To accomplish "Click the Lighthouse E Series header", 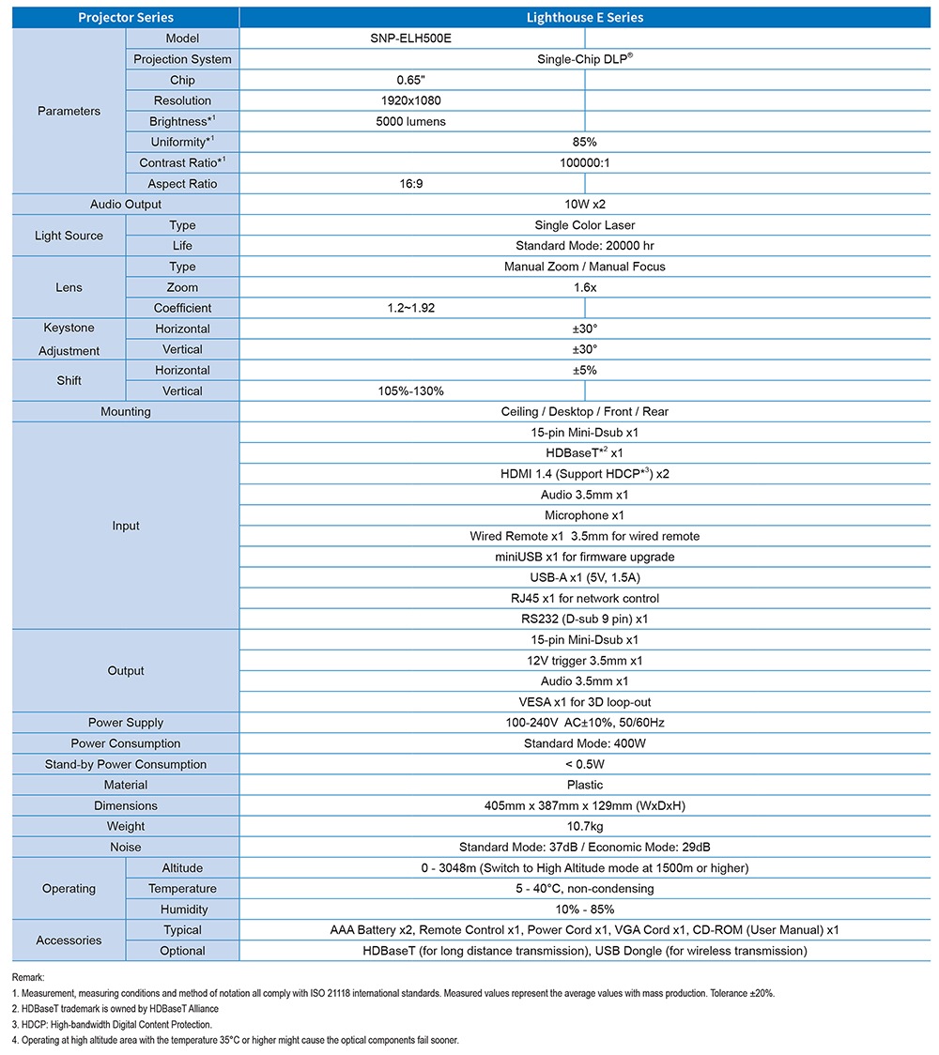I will [x=585, y=18].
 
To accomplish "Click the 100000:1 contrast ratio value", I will [x=585, y=162].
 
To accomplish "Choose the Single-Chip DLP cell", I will [x=585, y=58].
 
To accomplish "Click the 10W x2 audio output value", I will [x=585, y=205].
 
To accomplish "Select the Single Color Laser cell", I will [x=585, y=225].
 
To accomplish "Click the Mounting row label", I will [x=126, y=411].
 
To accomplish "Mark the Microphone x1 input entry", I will [x=585, y=515].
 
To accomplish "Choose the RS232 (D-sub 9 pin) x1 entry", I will [x=585, y=619].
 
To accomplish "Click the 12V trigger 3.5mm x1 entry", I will [x=585, y=660].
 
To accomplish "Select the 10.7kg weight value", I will [x=585, y=826].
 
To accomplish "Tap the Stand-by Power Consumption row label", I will [x=126, y=764].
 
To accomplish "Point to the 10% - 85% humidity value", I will [x=585, y=909].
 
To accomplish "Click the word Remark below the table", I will [x=28, y=977].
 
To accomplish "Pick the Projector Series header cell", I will [x=126, y=18].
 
